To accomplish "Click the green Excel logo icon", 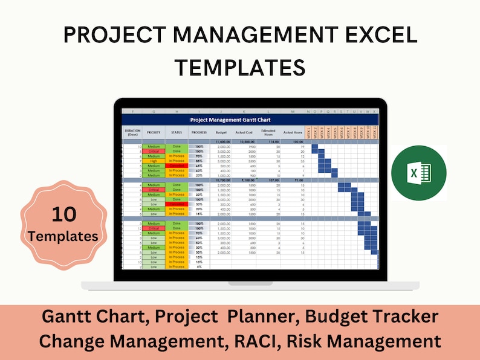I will pos(418,173).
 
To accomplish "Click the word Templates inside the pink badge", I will pos(65,236).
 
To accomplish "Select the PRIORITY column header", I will pos(154,132).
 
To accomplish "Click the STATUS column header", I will pos(177,132).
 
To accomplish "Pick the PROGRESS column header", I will pos(198,132).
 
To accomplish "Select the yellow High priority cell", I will pos(154,161).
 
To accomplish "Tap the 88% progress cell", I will pos(198,161).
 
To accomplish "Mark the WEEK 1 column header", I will pos(308,132).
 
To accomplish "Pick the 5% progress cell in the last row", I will pos(199,266).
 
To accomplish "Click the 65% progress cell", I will pos(198,166).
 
